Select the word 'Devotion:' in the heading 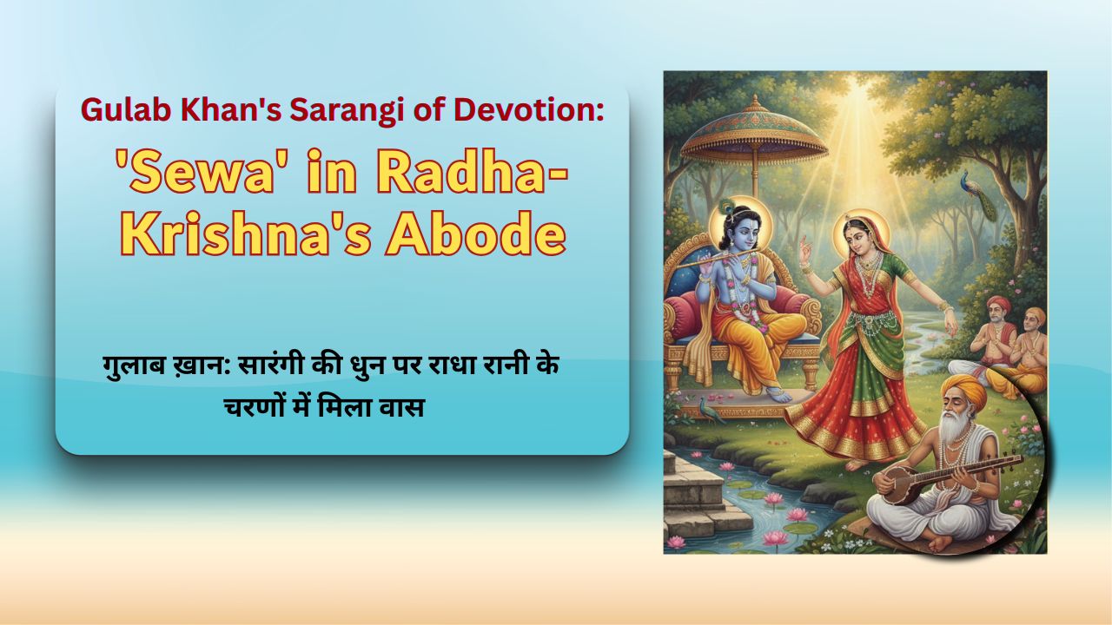coord(539,110)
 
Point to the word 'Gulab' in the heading coord(122,110)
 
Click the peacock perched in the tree coord(972,187)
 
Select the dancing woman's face coord(860,234)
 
